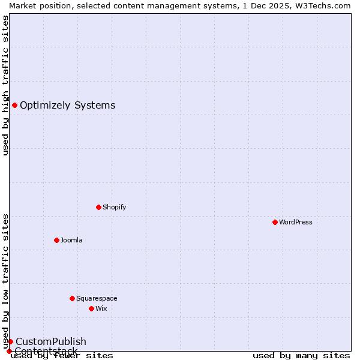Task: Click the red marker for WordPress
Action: [275, 222]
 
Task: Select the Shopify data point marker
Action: [98, 207]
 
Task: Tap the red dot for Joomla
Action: [56, 240]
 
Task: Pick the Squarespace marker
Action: [72, 298]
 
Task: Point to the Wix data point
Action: [91, 308]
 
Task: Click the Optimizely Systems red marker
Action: [14, 106]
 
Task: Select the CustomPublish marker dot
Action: [10, 341]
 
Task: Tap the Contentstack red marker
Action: [9, 351]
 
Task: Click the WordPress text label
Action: [296, 222]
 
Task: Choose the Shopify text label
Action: [114, 207]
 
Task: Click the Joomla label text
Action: [71, 240]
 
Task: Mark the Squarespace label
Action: [97, 298]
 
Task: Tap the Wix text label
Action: [101, 308]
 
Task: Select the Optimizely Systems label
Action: [68, 106]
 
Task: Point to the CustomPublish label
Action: [51, 341]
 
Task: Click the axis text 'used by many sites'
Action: [301, 355]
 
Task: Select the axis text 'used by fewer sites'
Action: [62, 355]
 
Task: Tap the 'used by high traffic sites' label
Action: [5, 85]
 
